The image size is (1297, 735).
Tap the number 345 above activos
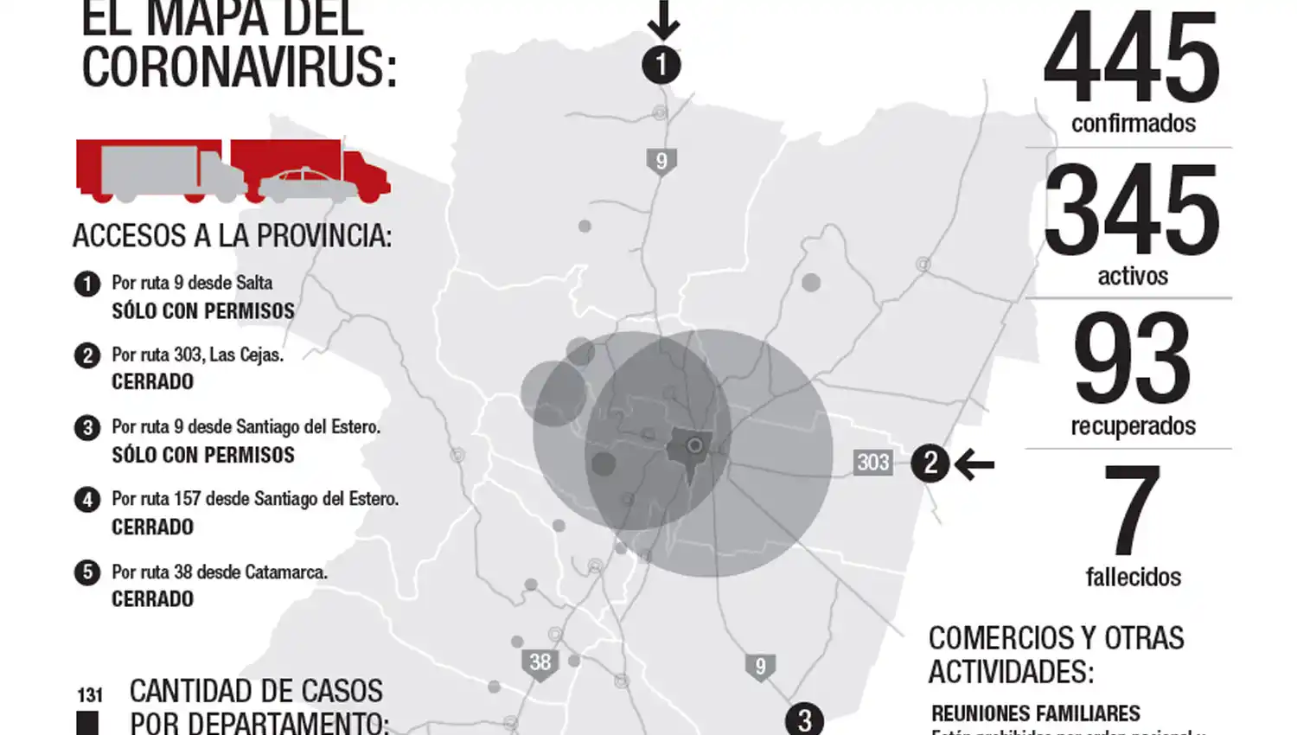[1132, 210]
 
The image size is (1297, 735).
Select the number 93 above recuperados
[1132, 360]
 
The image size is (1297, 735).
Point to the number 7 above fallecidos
[1132, 511]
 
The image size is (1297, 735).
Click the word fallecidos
[1133, 577]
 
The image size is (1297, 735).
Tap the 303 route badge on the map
[872, 463]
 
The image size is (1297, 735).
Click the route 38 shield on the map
[540, 663]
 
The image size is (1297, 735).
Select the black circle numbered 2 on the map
[930, 463]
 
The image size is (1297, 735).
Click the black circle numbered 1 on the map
[661, 65]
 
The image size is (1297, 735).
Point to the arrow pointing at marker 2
[974, 465]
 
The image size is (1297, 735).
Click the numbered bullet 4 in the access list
[86, 500]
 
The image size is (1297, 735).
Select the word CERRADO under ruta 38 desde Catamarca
[152, 598]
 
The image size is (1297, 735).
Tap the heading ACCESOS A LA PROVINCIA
[232, 235]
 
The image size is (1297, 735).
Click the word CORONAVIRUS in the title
[239, 67]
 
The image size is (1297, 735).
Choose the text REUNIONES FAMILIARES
[1035, 713]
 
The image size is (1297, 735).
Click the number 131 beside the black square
[89, 694]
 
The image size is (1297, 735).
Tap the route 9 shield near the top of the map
[661, 162]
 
